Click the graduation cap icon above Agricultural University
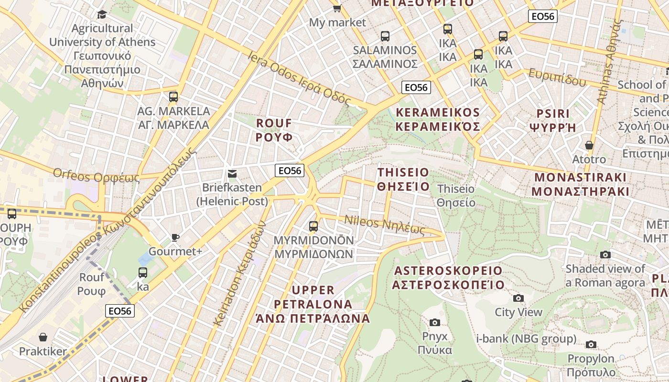[101, 14]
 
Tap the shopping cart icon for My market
[337, 8]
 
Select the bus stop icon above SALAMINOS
[385, 36]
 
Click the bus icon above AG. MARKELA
[173, 97]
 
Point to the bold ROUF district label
[274, 130]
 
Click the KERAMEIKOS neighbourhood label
[437, 119]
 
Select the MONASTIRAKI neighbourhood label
[580, 184]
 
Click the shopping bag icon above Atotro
[589, 145]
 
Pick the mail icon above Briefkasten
[232, 174]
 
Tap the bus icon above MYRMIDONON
[313, 226]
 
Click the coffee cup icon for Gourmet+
[175, 237]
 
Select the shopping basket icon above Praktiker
[43, 338]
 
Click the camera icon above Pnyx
[434, 323]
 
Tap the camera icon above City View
[518, 298]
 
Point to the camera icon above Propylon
[591, 344]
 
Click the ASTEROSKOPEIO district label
[448, 278]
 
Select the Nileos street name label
[385, 225]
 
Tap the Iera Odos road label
[299, 78]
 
